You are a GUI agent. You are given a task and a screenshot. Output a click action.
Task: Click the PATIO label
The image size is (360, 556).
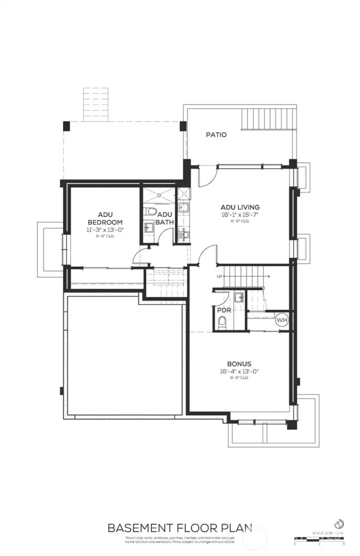tap(216, 134)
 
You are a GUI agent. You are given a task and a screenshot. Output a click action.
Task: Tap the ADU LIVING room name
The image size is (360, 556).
tap(240, 207)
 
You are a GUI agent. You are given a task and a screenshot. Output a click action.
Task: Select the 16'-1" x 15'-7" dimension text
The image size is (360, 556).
tap(240, 214)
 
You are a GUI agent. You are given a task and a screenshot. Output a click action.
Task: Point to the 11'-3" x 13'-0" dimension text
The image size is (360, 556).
tap(105, 230)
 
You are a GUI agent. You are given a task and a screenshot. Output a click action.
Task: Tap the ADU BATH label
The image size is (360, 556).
tap(165, 218)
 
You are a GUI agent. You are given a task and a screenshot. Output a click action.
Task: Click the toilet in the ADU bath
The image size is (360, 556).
tap(150, 211)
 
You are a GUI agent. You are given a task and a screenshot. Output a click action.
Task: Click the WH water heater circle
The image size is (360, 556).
tap(281, 319)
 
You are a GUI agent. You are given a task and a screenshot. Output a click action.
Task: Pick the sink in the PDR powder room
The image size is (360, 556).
tap(240, 298)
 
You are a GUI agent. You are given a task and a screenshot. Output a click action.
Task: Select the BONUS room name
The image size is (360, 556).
tap(238, 364)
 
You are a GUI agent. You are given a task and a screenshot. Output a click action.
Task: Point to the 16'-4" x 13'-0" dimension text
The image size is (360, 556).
tap(238, 371)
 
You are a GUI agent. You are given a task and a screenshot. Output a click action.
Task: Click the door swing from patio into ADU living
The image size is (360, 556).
tap(206, 176)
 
